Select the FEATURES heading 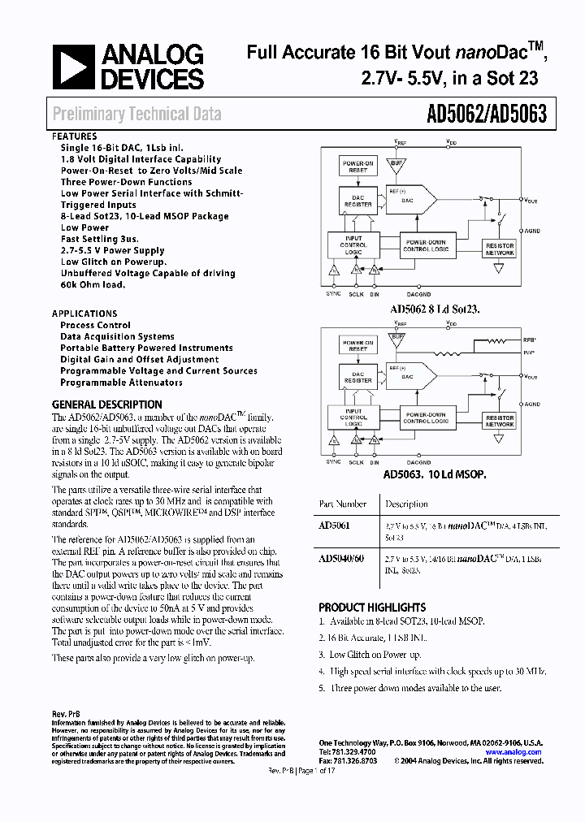[75, 136]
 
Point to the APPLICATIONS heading [84, 314]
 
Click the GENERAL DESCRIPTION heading [106, 405]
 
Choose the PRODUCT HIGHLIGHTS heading [372, 607]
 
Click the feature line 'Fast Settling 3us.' [99, 240]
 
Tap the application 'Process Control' [95, 325]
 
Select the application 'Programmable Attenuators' [121, 382]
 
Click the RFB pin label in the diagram [530, 341]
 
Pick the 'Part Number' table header [343, 504]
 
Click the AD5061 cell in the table [335, 526]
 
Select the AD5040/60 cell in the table [341, 559]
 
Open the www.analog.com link [513, 752]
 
